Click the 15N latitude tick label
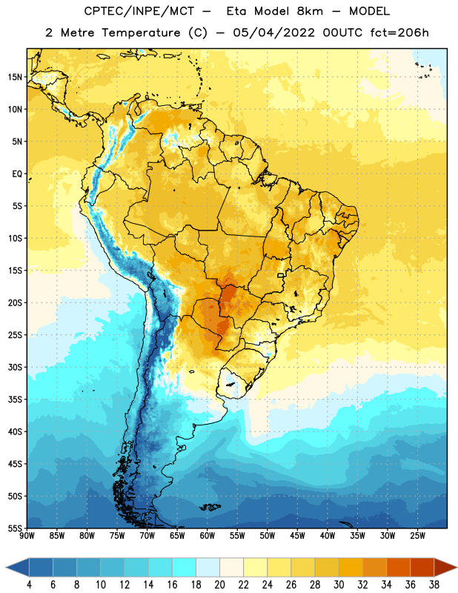pyautogui.click(x=15, y=77)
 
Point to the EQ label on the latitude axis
pyautogui.click(x=17, y=174)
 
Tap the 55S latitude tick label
pyautogui.click(x=15, y=529)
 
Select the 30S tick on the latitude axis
pyautogui.click(x=15, y=367)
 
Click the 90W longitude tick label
pyautogui.click(x=27, y=536)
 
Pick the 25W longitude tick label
pyautogui.click(x=418, y=536)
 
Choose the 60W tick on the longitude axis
pyautogui.click(x=208, y=536)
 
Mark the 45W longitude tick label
pyautogui.click(x=298, y=536)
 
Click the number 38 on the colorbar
pyautogui.click(x=434, y=585)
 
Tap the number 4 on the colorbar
pyautogui.click(x=29, y=585)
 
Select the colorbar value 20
pyautogui.click(x=219, y=585)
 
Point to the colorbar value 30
pyautogui.click(x=339, y=585)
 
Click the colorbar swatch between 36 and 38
pyautogui.click(x=422, y=567)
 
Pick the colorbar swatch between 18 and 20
pyautogui.click(x=208, y=567)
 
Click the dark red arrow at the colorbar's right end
pyautogui.click(x=445, y=567)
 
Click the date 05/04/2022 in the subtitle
pyautogui.click(x=273, y=33)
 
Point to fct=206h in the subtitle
pyautogui.click(x=399, y=33)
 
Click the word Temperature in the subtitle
pyautogui.click(x=141, y=33)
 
